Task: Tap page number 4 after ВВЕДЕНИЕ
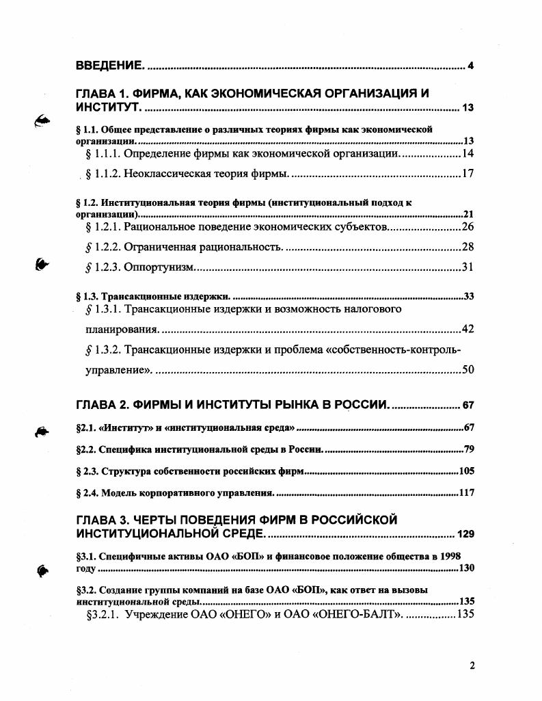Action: pos(471,66)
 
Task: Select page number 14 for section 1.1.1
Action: pos(468,153)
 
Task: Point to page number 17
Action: pos(468,173)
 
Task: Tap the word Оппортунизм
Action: pos(160,266)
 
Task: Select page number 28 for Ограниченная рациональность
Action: pos(468,246)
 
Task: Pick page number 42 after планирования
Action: pos(468,330)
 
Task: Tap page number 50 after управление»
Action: pos(468,371)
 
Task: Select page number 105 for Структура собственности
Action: pos(465,471)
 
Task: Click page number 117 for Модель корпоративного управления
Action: pos(465,492)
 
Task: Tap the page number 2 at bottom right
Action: pos(471,665)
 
